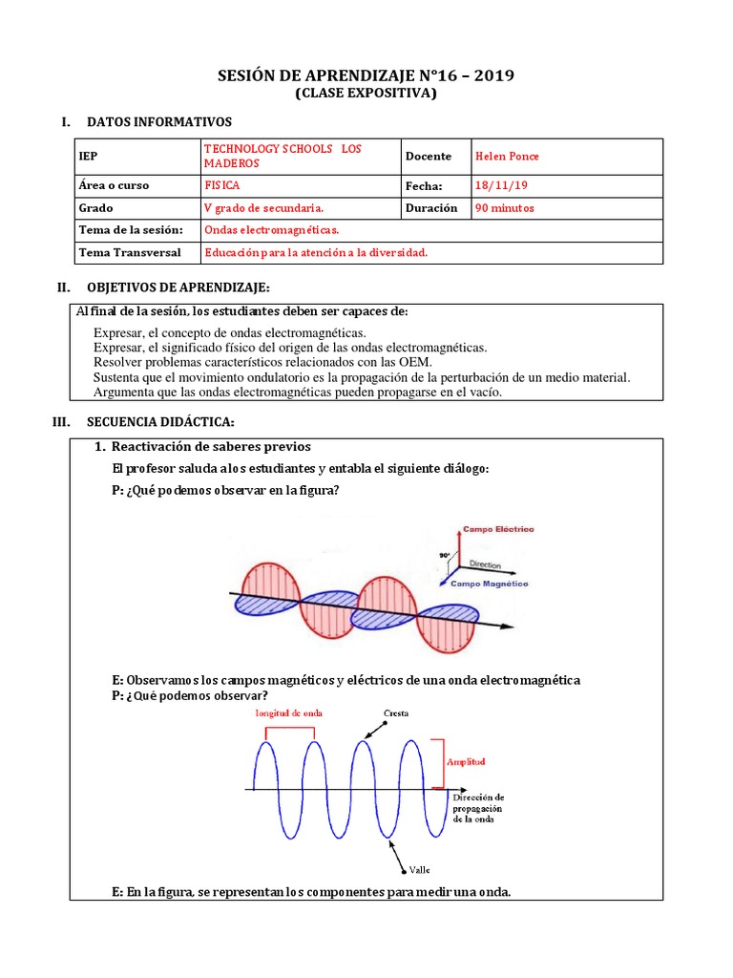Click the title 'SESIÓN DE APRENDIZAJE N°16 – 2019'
(366, 75)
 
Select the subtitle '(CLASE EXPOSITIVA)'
(366, 94)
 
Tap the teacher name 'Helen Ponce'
(507, 157)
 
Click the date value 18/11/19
(495, 185)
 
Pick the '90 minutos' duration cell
(504, 207)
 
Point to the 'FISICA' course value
(222, 185)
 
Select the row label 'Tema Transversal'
(130, 252)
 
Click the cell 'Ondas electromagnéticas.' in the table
(272, 230)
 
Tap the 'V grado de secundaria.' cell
(263, 207)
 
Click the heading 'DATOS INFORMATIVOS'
(158, 122)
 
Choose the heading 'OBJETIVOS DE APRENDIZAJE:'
(178, 287)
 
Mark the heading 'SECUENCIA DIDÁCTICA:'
(160, 422)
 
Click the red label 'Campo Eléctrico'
(498, 528)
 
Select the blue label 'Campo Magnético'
(489, 583)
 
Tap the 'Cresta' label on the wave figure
(397, 712)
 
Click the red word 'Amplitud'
(466, 761)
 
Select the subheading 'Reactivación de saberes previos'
(211, 447)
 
